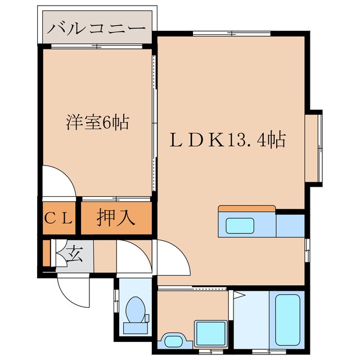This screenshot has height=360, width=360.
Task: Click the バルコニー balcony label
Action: (97, 28)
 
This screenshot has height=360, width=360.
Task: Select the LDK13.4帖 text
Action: (228, 139)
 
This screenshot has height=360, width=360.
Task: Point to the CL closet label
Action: (59, 218)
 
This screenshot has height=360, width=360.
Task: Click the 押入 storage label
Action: (116, 218)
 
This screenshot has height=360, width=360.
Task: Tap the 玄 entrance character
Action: (75, 255)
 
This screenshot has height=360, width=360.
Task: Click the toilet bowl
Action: (136, 309)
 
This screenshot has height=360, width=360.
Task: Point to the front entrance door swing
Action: (74, 290)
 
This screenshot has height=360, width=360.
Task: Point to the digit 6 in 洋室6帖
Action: (108, 121)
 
